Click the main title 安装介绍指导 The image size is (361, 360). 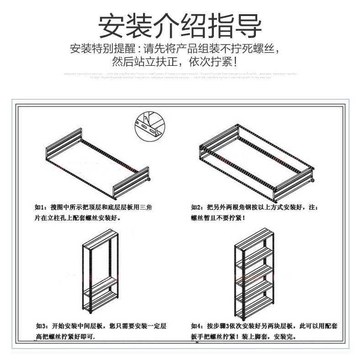tap(180, 27)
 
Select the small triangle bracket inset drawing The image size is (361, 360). tap(149, 124)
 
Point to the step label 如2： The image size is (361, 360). tap(197, 207)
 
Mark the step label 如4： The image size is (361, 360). tap(197, 327)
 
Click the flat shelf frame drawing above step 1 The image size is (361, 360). tap(98, 165)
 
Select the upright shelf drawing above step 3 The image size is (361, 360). tap(101, 274)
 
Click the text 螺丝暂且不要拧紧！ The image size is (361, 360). tap(218, 218)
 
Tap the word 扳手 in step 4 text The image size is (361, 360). tap(196, 337)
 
